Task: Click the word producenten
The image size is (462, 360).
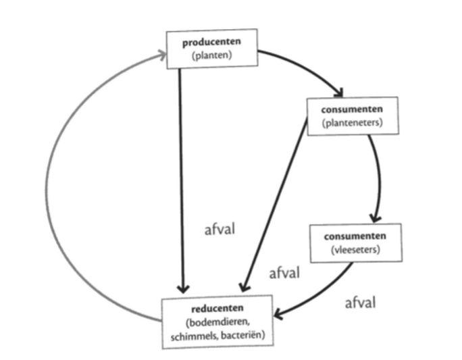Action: (x=211, y=43)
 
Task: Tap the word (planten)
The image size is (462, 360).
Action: (x=211, y=55)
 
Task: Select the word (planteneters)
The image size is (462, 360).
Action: (x=353, y=122)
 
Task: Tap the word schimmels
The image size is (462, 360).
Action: (x=190, y=334)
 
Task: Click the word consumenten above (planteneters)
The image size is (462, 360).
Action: (x=353, y=109)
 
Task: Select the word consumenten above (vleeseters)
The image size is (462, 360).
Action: (x=355, y=236)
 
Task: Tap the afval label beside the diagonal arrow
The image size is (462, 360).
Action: (x=284, y=273)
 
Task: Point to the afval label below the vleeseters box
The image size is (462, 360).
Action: (x=360, y=302)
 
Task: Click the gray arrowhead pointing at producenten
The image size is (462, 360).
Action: (x=161, y=55)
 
